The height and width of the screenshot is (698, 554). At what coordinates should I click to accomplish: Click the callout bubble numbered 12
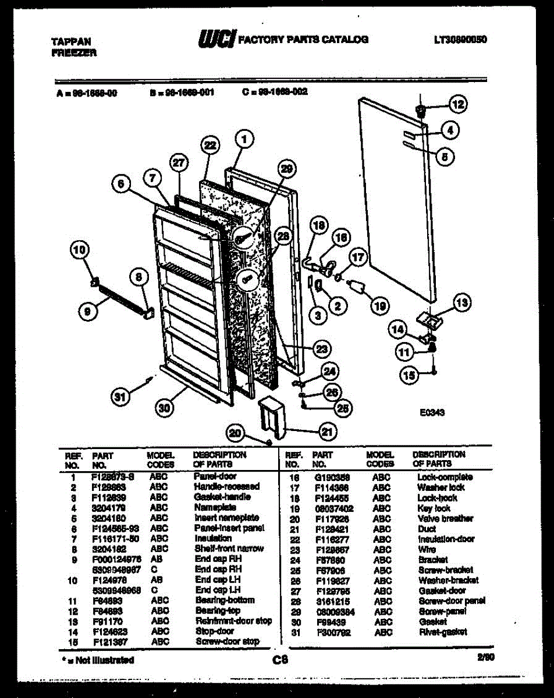(458, 105)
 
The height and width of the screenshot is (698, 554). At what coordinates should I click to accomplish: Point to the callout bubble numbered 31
(120, 398)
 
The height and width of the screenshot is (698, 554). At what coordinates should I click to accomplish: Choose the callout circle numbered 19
(379, 305)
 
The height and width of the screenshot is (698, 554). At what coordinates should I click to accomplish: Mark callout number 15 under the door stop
(410, 376)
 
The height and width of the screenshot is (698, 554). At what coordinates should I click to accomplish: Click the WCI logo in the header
(216, 39)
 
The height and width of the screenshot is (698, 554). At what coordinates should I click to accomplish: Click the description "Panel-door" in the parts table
(215, 476)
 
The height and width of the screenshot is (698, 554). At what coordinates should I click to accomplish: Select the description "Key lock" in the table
(434, 508)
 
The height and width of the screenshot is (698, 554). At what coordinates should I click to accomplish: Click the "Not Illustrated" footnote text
(98, 660)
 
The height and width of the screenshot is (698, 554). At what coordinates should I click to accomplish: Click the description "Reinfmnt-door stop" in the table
(233, 621)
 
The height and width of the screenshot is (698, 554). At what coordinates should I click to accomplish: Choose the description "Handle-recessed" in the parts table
(226, 486)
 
